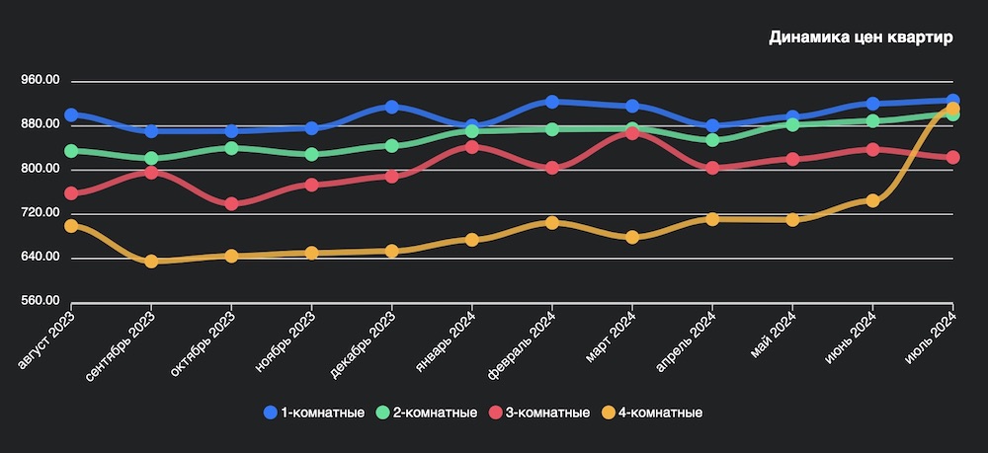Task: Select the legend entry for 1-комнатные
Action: tap(314, 412)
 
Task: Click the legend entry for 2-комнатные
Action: tap(428, 412)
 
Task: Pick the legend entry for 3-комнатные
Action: tap(541, 412)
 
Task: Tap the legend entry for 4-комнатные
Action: tap(654, 412)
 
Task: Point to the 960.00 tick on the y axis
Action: tap(40, 80)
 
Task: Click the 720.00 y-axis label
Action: tap(40, 213)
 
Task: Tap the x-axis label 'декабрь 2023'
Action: tap(364, 340)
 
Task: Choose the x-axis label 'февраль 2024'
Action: tap(522, 341)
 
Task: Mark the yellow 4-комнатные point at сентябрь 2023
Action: tap(151, 262)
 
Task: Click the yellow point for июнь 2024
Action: tap(872, 200)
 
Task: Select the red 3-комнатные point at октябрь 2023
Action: tap(231, 204)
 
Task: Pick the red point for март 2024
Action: tap(632, 133)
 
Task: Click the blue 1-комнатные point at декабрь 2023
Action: tap(392, 107)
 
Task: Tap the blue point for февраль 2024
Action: tap(552, 102)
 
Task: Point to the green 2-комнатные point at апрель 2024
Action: tap(712, 140)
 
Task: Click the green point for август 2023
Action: tap(71, 151)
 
